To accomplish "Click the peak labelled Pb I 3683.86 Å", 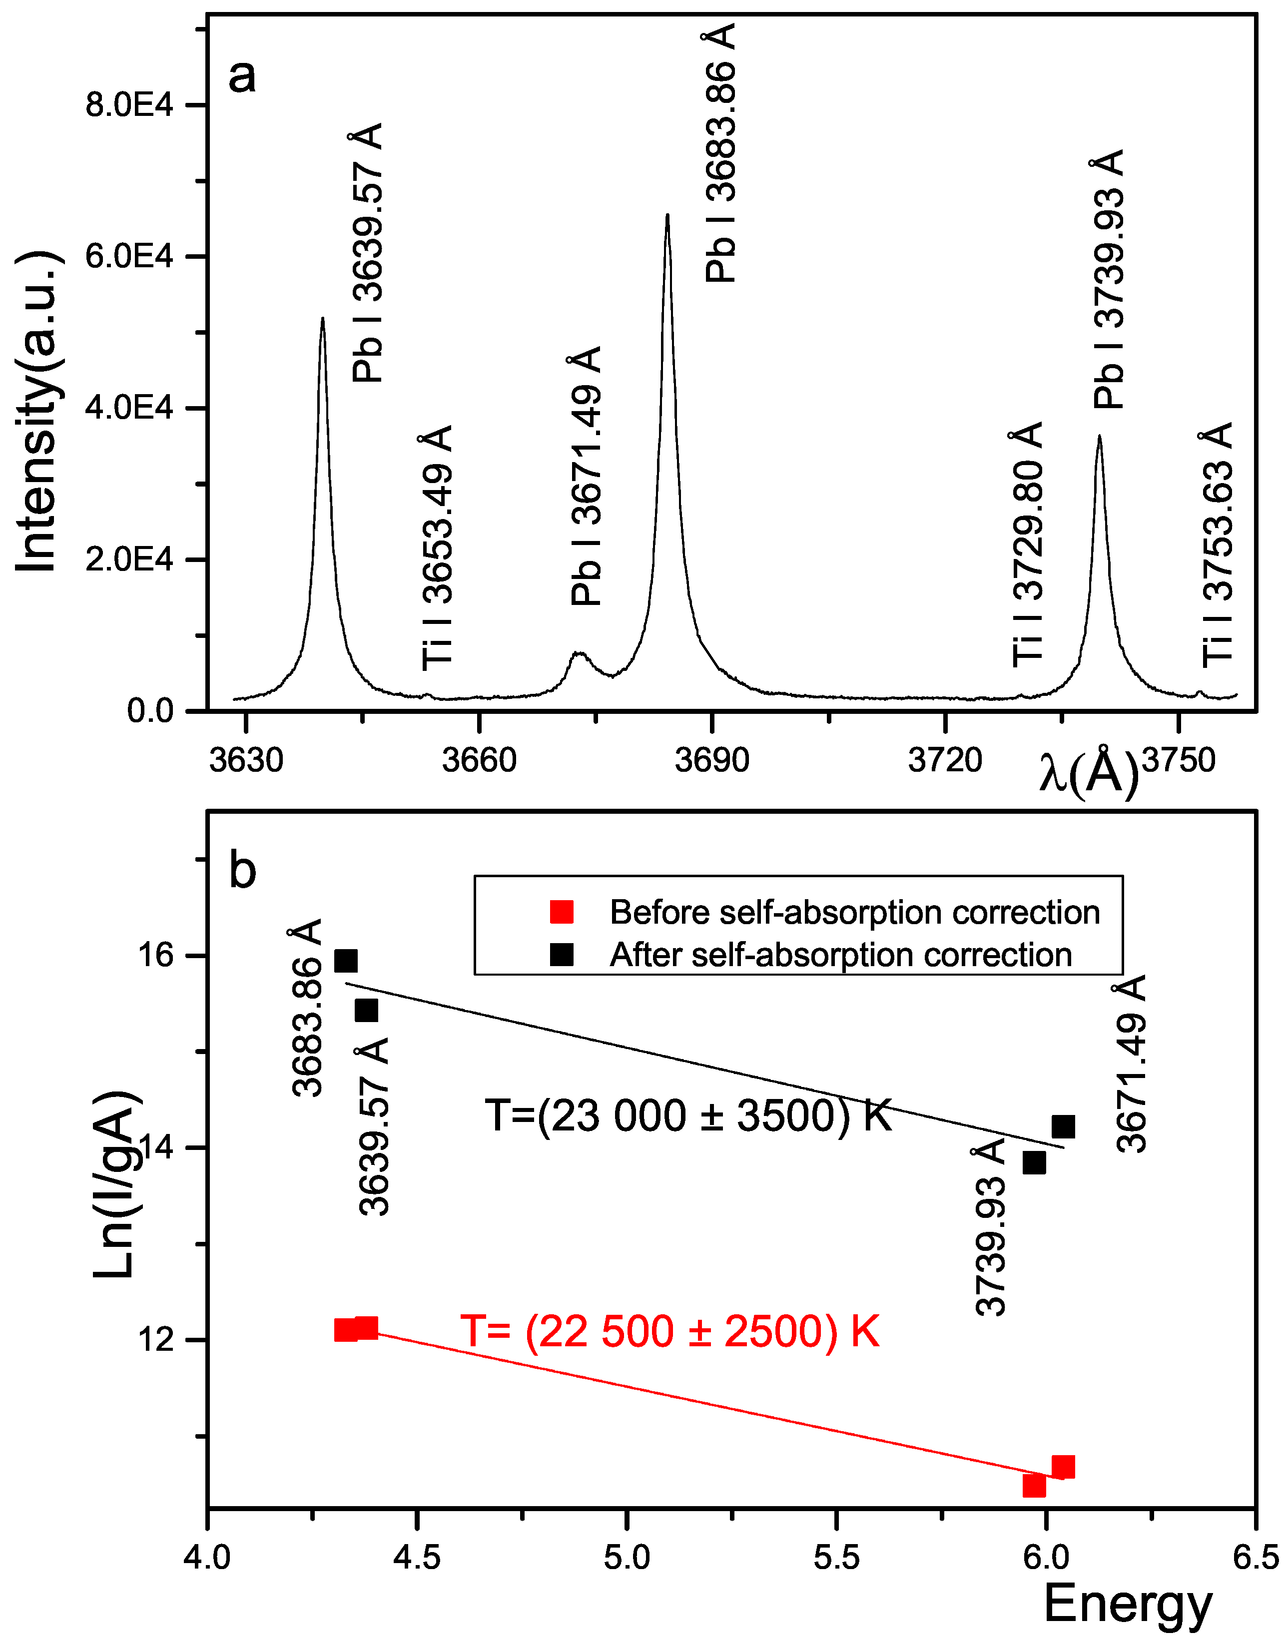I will click(667, 217).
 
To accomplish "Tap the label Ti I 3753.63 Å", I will click(1216, 545).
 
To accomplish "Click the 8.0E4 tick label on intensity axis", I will click(129, 105).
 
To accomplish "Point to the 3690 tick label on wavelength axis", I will click(711, 760).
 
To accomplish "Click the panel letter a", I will click(242, 76).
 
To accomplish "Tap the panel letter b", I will click(243, 870).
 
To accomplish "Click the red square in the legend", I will click(562, 912).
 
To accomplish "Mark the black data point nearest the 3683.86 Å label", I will click(346, 961).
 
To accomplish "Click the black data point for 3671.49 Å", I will click(1063, 1127).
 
